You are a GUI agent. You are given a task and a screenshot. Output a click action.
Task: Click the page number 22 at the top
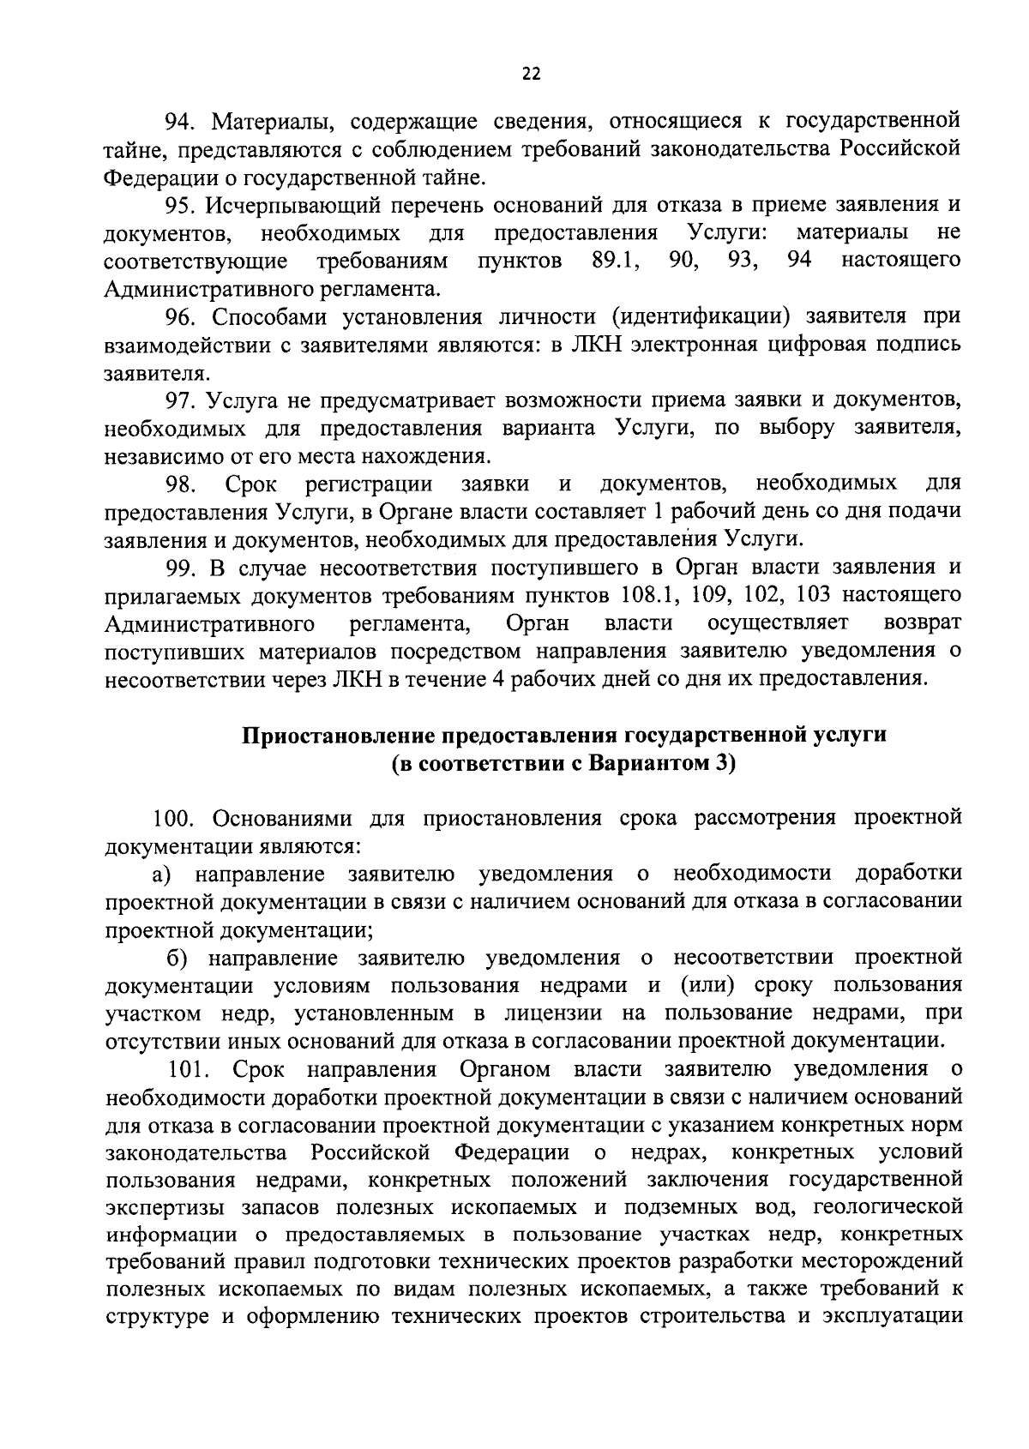[x=531, y=75]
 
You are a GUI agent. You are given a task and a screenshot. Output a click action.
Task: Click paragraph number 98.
[x=183, y=484]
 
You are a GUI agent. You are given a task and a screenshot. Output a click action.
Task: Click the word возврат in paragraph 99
[x=922, y=622]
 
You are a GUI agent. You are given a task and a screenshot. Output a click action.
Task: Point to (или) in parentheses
[x=704, y=986]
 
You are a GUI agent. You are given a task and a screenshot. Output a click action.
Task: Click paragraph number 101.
[x=189, y=1069]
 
